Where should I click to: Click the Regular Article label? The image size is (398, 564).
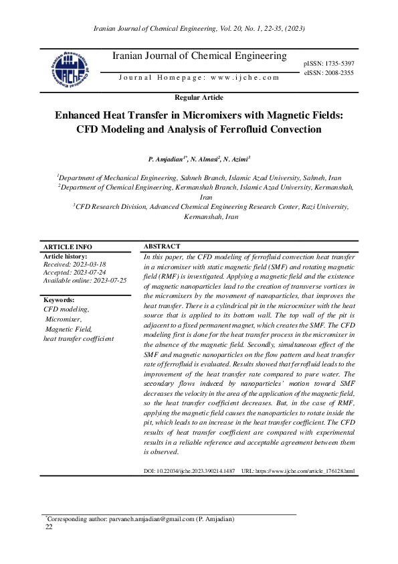(199, 98)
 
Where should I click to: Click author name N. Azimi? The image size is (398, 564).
(237, 159)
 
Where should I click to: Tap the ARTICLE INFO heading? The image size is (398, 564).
(68, 247)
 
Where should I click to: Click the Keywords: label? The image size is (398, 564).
(59, 300)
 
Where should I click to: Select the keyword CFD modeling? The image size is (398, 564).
(66, 309)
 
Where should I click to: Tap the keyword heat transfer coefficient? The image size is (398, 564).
(78, 339)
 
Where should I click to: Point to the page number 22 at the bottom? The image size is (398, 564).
(48, 527)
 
